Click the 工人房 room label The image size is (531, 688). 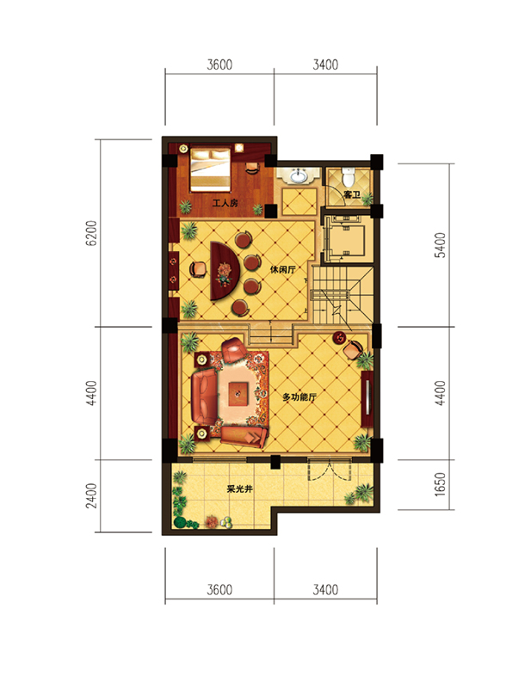point(225,203)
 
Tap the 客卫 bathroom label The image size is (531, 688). point(352,194)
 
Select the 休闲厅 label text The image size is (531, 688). point(282,269)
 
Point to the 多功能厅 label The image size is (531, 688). point(299,397)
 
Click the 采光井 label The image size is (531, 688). point(239,488)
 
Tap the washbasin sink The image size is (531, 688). point(299,176)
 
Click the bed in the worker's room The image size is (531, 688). point(210,169)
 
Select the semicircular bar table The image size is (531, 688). point(225,270)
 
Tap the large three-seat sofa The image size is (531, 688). point(205,397)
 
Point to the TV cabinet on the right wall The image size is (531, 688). point(367,399)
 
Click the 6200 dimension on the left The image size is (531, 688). point(91,232)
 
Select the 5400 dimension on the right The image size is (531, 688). point(440,245)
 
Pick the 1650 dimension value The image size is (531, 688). point(440,484)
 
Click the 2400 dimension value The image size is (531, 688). point(91,495)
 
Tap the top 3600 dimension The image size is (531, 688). point(219,65)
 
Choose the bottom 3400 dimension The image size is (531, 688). point(325,589)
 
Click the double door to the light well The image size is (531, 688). point(330,470)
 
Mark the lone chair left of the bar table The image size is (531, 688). point(198,269)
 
